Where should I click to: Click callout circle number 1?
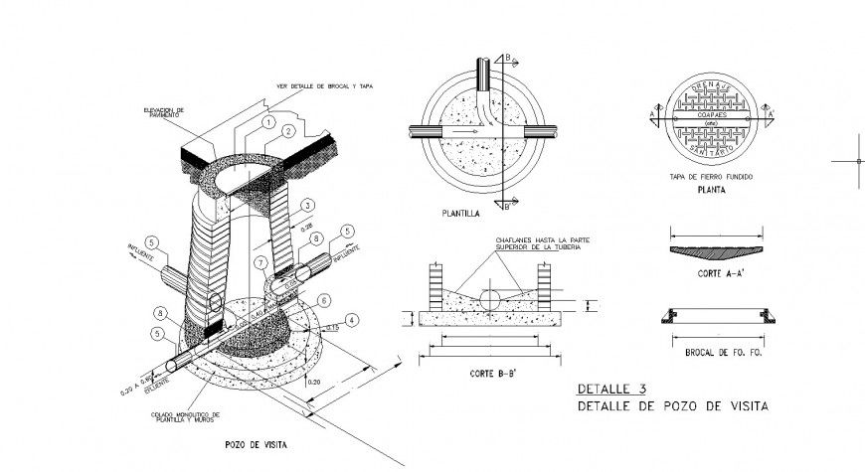(267, 121)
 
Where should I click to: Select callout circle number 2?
(287, 131)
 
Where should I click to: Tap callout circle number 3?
(308, 205)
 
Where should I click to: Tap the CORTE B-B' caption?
(491, 375)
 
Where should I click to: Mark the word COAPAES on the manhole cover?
(712, 115)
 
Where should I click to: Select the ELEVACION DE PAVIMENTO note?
(164, 113)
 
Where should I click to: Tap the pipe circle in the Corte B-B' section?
(491, 298)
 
